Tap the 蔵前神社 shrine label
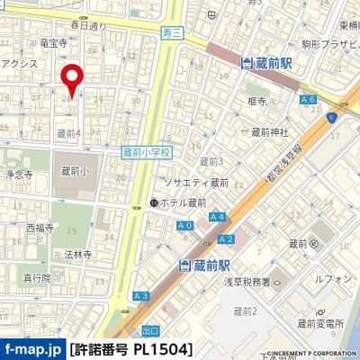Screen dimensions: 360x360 pyautogui.click(x=269, y=132)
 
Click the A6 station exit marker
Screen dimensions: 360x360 pyautogui.click(x=309, y=100)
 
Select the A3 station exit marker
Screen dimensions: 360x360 pyautogui.click(x=139, y=295)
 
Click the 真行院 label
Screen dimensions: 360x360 pyautogui.click(x=36, y=278)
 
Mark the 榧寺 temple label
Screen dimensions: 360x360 pyautogui.click(x=260, y=105)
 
